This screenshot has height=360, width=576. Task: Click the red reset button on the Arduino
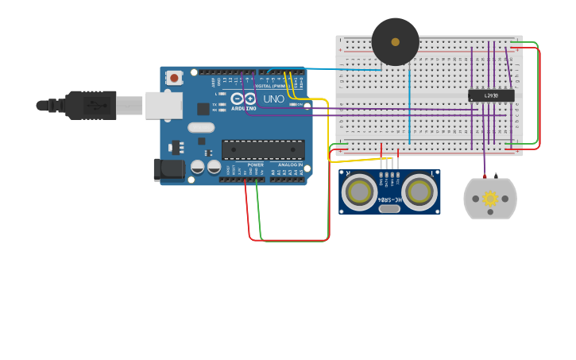(174, 78)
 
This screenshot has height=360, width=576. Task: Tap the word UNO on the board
(273, 99)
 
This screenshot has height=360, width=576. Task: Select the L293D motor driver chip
(491, 95)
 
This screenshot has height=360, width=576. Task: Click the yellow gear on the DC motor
(489, 198)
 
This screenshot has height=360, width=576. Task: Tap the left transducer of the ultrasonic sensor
(360, 192)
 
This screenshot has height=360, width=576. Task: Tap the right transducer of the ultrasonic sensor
(418, 192)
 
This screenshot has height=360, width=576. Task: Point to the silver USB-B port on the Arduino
(163, 105)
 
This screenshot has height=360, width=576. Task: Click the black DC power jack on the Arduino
(168, 168)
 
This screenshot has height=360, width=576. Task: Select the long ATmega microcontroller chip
(263, 149)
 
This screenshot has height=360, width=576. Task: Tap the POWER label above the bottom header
(255, 165)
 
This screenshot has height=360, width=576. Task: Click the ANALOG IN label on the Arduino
(290, 165)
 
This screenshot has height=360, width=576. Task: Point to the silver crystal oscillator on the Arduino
(201, 127)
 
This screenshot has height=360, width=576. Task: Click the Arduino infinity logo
(243, 99)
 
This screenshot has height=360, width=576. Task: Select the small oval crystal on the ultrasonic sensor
(389, 209)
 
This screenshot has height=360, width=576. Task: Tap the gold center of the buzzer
(395, 42)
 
